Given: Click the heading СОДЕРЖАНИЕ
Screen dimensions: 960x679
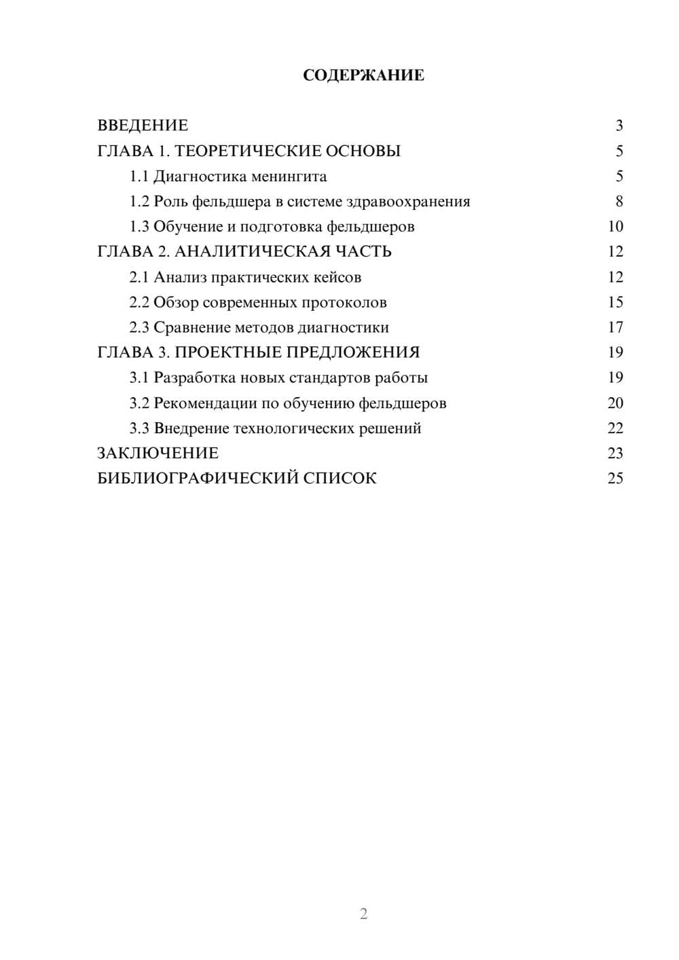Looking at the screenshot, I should click(x=363, y=75).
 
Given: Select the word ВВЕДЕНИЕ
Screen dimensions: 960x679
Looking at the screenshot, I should click(x=143, y=126).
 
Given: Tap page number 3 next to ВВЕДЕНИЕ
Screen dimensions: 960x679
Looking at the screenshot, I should click(x=619, y=126).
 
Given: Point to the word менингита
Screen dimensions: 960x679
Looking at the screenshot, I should click(x=289, y=177).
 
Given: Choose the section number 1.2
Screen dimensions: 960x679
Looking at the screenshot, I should click(x=139, y=202).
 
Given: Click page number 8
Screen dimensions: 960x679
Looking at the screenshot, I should click(x=619, y=202).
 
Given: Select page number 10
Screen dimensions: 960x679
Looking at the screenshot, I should click(x=615, y=227).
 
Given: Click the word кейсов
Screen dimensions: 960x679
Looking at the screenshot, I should click(x=338, y=277).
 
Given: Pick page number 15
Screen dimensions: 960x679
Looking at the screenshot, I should click(x=615, y=302).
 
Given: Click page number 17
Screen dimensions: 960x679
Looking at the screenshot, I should click(x=615, y=328).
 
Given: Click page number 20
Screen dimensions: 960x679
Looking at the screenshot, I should click(x=615, y=403).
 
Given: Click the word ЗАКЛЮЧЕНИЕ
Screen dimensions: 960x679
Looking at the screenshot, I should click(x=158, y=454).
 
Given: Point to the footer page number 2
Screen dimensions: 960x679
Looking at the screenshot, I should click(x=363, y=914).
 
